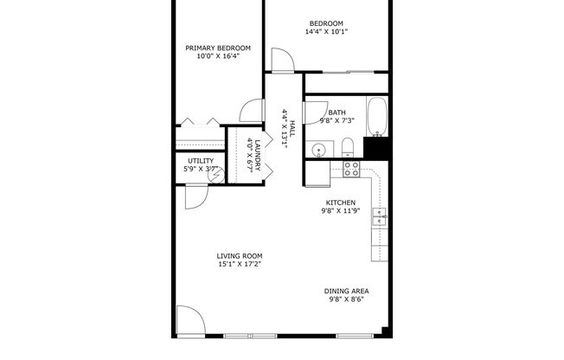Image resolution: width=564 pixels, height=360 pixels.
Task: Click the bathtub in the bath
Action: [x=377, y=118]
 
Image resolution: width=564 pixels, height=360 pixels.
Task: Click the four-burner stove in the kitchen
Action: [x=351, y=168]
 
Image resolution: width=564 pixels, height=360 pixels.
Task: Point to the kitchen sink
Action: [x=379, y=217]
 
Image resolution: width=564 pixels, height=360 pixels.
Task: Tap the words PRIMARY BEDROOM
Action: [x=218, y=48]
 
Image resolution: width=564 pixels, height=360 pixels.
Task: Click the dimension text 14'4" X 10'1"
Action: [x=326, y=32]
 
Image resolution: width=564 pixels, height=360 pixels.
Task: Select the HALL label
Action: [x=292, y=128]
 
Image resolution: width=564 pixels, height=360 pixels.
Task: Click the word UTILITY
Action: [x=201, y=161]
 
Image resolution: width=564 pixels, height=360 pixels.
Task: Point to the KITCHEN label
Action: [x=339, y=202]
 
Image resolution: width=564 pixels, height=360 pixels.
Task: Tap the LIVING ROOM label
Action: [x=239, y=256]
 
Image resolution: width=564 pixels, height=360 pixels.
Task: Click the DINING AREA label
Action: [x=345, y=292]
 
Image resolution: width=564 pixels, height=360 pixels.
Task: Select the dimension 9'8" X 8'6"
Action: [x=345, y=299]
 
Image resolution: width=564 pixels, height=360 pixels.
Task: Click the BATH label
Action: [x=336, y=112]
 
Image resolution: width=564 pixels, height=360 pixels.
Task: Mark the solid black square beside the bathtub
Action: [x=377, y=149]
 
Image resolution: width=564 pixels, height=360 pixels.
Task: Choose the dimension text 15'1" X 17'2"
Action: [x=239, y=264]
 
